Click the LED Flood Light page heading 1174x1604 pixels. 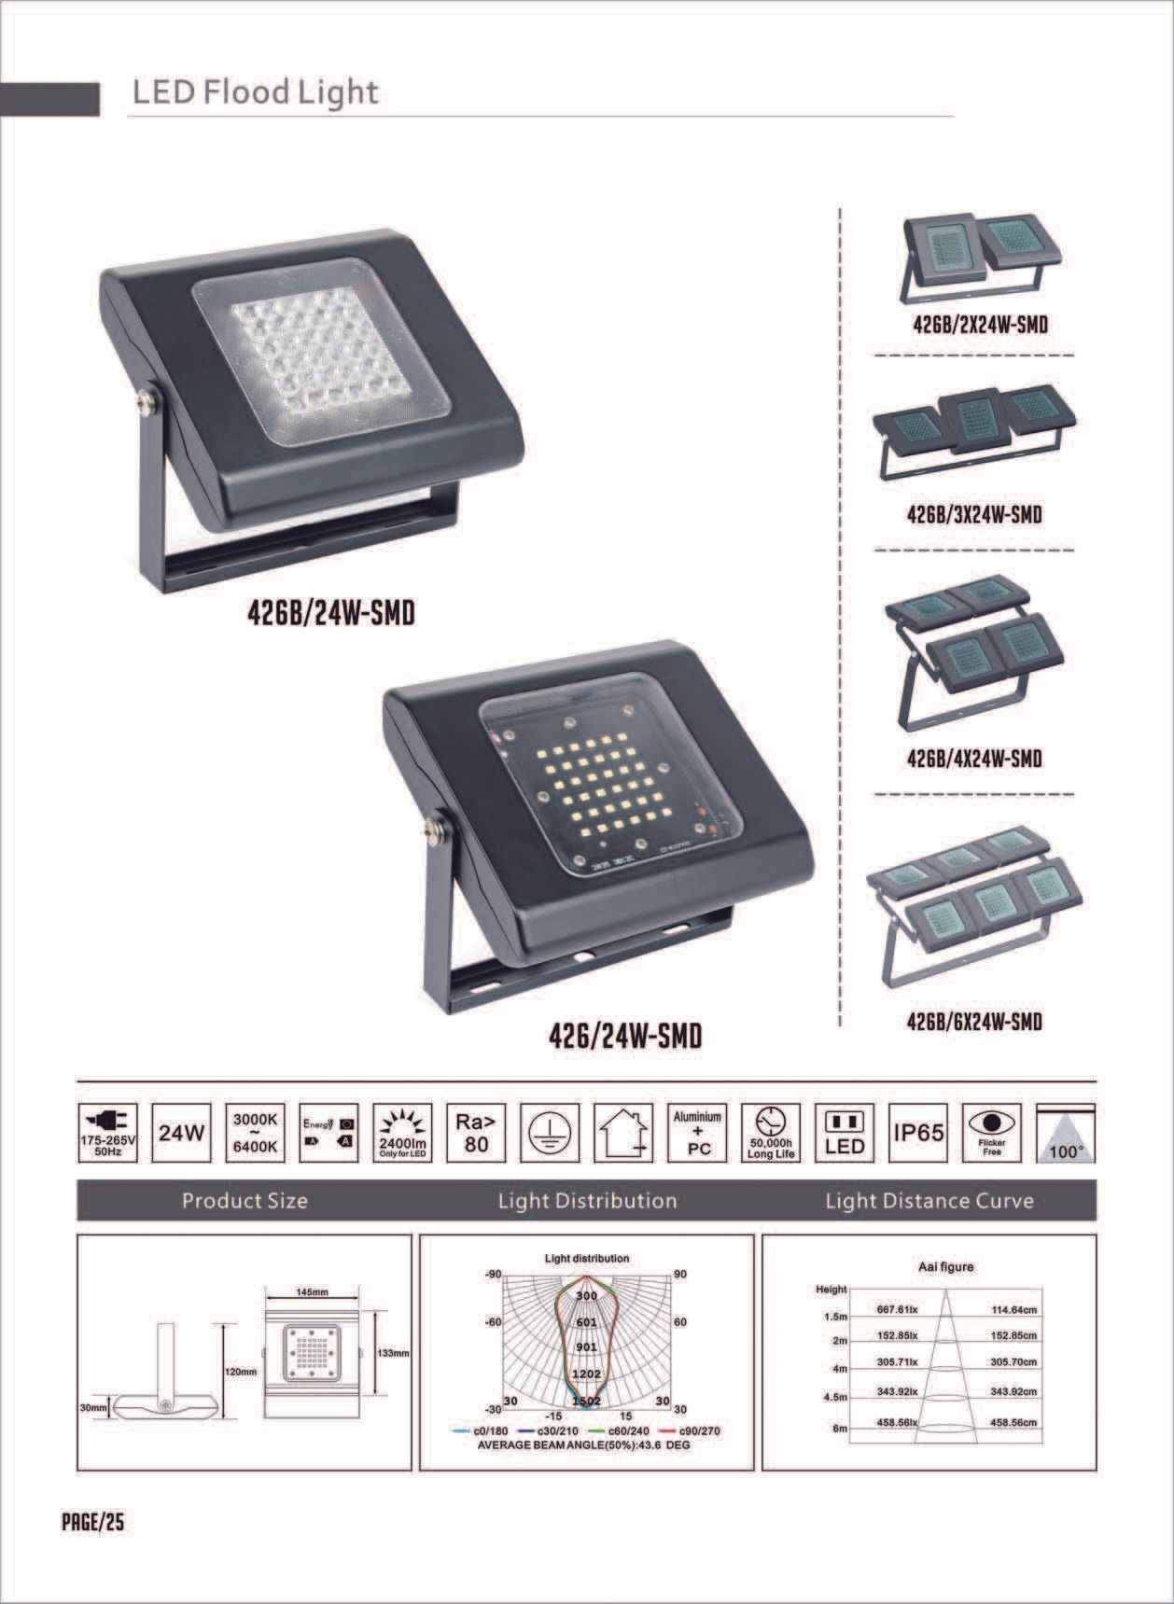pos(255,93)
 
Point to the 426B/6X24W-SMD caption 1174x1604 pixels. pos(974,1022)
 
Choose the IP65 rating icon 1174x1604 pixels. pos(919,1134)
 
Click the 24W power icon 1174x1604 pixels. pos(180,1134)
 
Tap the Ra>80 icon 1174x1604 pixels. pos(476,1134)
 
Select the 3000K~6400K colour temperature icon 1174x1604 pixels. pos(254,1134)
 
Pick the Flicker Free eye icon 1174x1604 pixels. pos(992,1134)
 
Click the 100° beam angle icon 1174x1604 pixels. pos(1066,1134)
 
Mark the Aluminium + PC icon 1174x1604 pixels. pos(698,1134)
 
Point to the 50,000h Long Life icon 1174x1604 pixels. pos(771,1134)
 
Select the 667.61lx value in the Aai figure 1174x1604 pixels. pos(898,1310)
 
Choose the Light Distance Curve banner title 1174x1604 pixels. pos(929,1201)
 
